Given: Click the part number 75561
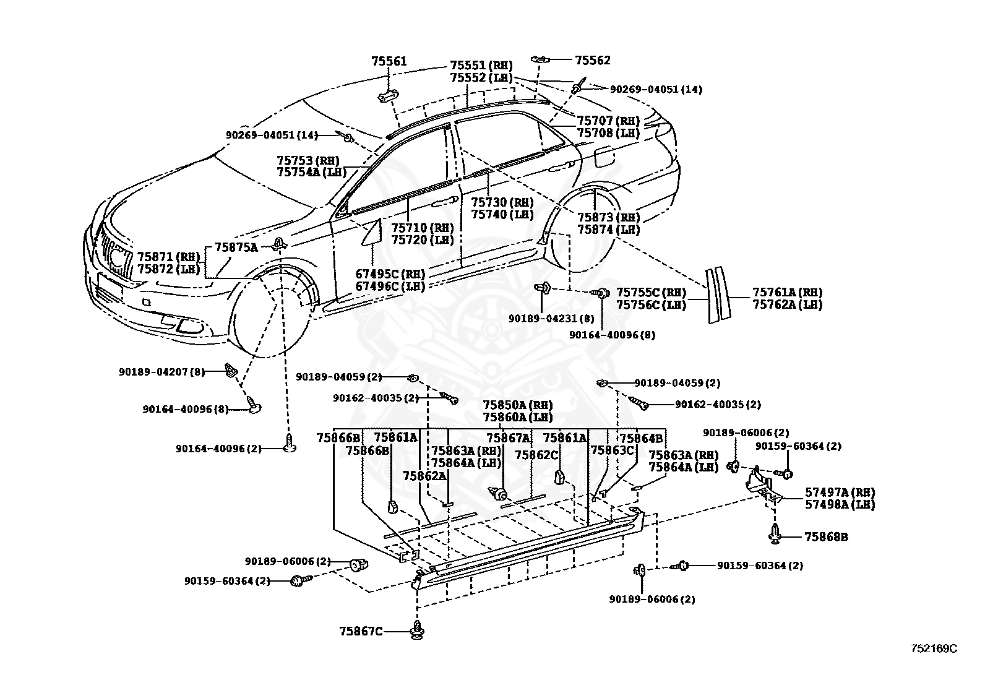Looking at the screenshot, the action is click(389, 61).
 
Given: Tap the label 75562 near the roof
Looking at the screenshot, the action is click(593, 60).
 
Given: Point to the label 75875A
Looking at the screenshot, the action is click(236, 247).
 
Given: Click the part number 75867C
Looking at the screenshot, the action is click(361, 631).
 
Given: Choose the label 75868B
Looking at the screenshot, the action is click(826, 536).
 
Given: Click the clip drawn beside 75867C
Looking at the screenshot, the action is click(417, 631).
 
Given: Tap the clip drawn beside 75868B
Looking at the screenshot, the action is click(775, 535).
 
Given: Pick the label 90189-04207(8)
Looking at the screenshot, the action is click(162, 372).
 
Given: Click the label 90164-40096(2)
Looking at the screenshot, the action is click(218, 449).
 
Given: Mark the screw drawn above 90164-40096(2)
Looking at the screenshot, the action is click(290, 443).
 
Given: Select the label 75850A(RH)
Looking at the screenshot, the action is click(518, 405).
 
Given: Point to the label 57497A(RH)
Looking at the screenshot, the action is click(840, 492).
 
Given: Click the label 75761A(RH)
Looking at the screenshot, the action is click(787, 292).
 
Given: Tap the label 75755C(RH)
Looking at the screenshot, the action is click(652, 293).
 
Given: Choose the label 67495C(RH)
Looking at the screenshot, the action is click(390, 274).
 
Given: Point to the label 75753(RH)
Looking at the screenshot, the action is click(308, 160).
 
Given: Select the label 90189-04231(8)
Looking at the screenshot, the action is click(551, 319).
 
